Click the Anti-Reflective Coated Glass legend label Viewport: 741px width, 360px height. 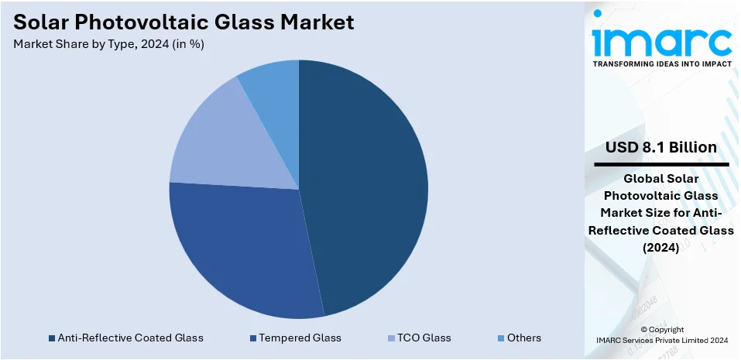130,338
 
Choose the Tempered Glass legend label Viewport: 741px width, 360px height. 300,338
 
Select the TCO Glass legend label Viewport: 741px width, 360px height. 424,338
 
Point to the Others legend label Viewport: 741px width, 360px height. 524,338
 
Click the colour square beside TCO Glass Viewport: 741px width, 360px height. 391,338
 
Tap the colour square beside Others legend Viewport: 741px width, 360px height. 501,338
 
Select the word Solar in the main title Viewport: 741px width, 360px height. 42,22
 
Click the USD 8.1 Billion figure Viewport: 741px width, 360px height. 661,147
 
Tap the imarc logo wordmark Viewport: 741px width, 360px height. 661,39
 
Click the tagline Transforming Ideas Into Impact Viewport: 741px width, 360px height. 661,64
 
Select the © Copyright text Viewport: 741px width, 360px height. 661,329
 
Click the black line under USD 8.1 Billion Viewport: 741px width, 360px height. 661,164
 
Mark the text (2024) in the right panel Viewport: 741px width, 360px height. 661,248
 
